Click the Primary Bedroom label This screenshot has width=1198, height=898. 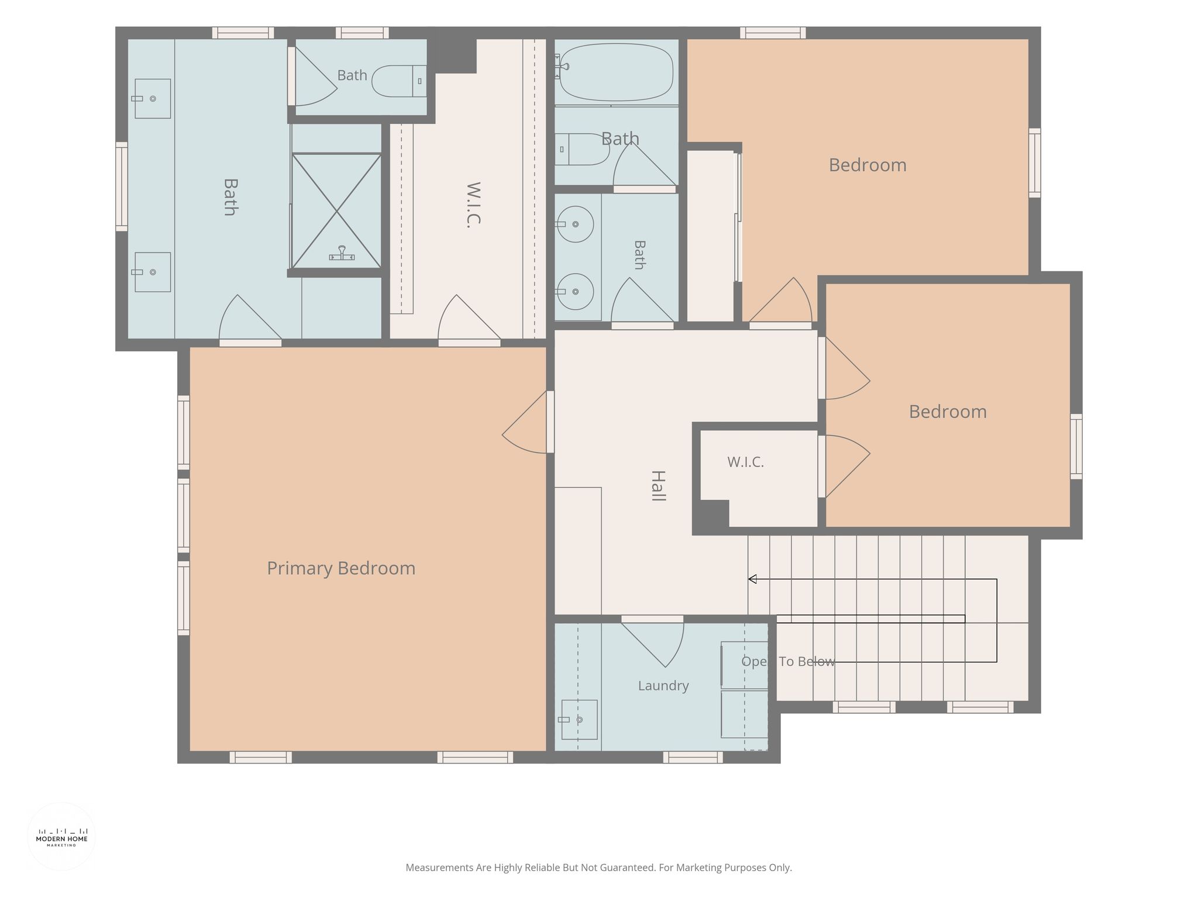[341, 568]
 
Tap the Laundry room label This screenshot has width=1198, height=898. [663, 686]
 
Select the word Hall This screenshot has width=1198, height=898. [659, 486]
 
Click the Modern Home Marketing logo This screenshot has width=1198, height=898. [61, 837]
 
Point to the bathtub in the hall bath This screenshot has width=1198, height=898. [617, 72]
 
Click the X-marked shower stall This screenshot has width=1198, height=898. [336, 211]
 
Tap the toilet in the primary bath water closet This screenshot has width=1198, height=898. [400, 81]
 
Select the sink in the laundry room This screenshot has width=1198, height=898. [579, 720]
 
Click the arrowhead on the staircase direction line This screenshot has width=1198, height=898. [753, 579]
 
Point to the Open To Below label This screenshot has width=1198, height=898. [788, 661]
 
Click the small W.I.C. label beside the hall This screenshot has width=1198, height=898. [745, 462]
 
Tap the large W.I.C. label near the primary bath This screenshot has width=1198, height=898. [473, 205]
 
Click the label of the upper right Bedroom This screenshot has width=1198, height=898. [867, 165]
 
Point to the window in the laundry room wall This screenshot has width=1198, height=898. [693, 757]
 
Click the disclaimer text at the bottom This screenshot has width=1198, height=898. [599, 868]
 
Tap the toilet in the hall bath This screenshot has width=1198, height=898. [582, 149]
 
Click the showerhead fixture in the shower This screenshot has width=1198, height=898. [342, 253]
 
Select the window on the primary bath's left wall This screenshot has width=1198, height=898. [122, 186]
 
